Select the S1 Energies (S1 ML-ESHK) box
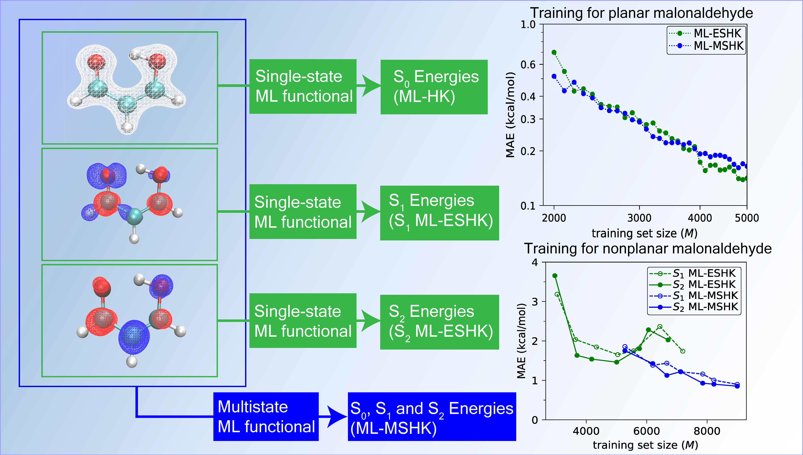pyautogui.click(x=439, y=213)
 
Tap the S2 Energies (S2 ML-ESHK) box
pyautogui.click(x=439, y=322)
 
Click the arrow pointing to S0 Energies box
pyautogui.click(x=370, y=85)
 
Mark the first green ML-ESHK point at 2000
pyautogui.click(x=554, y=52)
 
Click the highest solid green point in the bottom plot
pyautogui.click(x=555, y=276)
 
